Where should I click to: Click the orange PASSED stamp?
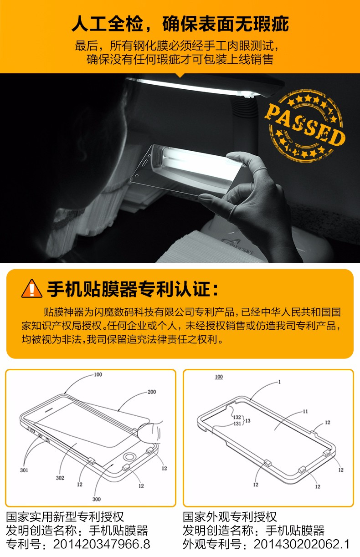305,126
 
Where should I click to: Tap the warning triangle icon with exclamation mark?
31,289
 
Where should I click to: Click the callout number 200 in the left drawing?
152,392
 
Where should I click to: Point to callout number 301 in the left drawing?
24,470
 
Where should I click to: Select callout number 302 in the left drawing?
60,478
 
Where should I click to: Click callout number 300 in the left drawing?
97,499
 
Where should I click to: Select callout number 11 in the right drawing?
305,411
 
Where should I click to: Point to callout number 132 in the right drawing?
237,417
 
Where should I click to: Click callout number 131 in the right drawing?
237,423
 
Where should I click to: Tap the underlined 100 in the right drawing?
219,377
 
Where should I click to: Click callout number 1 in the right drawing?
279,382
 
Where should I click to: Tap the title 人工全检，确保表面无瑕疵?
180,24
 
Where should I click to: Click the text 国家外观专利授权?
230,517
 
